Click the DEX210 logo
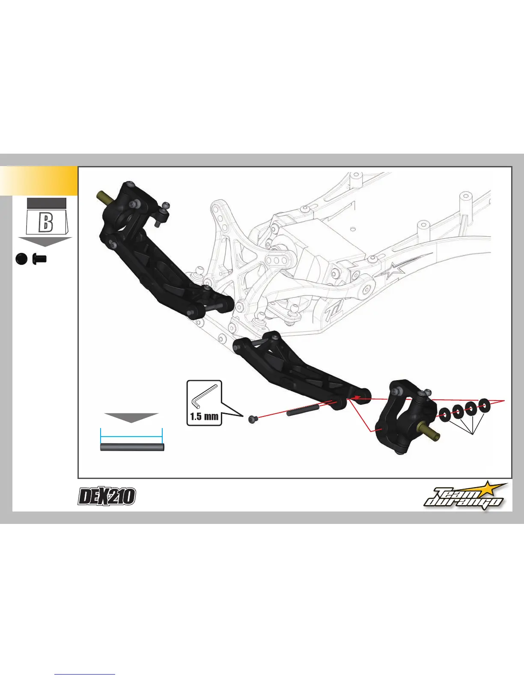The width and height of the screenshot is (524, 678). pyautogui.click(x=107, y=497)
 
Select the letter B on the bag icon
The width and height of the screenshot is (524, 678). pyautogui.click(x=46, y=223)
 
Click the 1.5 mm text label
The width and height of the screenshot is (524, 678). pyautogui.click(x=204, y=416)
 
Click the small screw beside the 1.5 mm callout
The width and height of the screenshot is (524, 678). pyautogui.click(x=253, y=420)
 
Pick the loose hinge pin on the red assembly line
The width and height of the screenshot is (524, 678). pyautogui.click(x=303, y=411)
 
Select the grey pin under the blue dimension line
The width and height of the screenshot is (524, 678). pyautogui.click(x=132, y=447)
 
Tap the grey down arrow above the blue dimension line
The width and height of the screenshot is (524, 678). pyautogui.click(x=131, y=417)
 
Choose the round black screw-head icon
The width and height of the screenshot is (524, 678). pyautogui.click(x=21, y=259)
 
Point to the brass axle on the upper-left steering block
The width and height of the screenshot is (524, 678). pyautogui.click(x=104, y=198)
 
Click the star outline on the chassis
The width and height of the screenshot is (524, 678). pyautogui.click(x=392, y=271)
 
